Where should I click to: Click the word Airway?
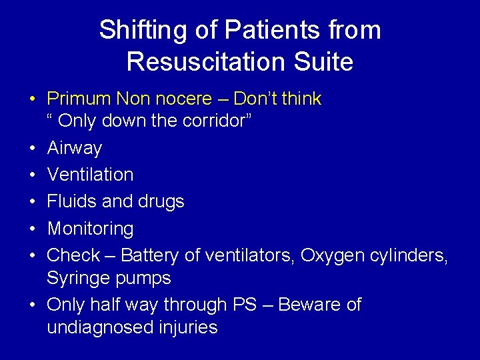coord(75,147)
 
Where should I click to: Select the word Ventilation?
coord(90,175)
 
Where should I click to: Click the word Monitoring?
coord(90,229)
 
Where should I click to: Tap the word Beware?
coord(317,305)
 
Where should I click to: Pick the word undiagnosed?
coord(103,327)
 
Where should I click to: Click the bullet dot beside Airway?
coord(32,147)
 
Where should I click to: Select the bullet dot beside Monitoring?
coord(32,229)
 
